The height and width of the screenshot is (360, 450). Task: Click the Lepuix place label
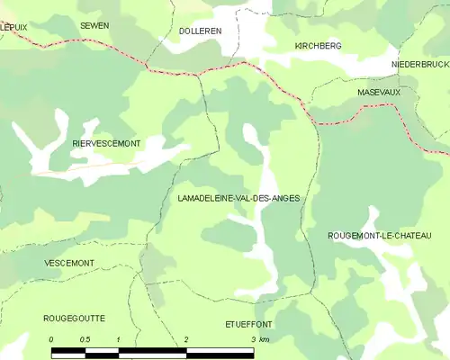coord(13,27)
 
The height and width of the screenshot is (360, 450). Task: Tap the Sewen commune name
coord(94,25)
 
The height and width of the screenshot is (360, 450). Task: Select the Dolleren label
coord(201,30)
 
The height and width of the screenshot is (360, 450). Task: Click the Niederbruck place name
coord(420,66)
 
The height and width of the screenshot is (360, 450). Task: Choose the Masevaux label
coord(377,92)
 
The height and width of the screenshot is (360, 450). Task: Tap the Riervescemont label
coord(106,143)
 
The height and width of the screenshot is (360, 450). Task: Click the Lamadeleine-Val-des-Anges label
coord(238,198)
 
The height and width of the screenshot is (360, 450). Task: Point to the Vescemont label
coord(68,263)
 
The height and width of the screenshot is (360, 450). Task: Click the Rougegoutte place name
coord(74,318)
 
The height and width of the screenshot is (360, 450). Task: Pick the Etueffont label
coord(248,322)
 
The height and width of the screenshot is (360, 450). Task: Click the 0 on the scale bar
coord(51,339)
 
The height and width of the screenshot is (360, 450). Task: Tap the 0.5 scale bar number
coord(85,339)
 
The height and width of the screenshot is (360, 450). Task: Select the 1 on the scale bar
coord(118,339)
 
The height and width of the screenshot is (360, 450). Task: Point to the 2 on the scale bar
coord(185,339)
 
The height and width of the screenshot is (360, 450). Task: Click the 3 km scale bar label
coord(259,339)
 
